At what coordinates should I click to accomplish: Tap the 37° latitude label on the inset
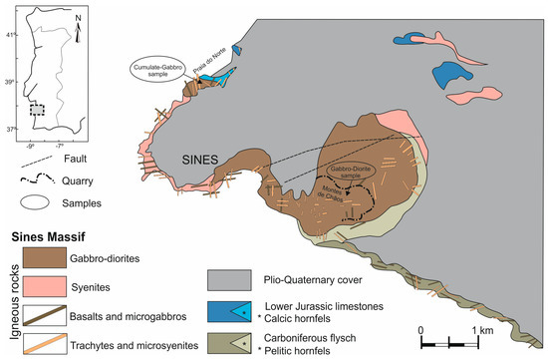click(x=12, y=129)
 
